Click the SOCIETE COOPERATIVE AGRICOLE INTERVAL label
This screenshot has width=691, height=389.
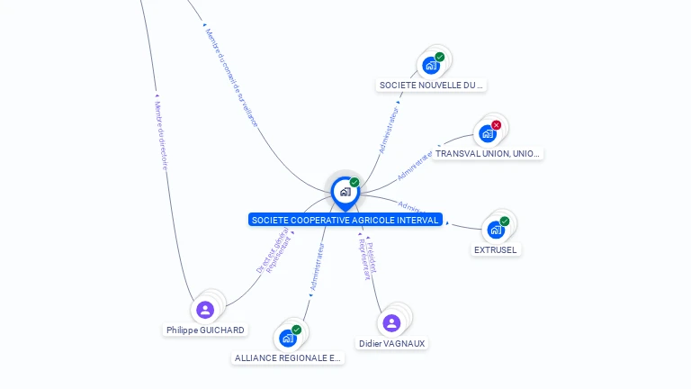click(x=345, y=220)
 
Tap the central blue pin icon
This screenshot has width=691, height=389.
click(x=345, y=192)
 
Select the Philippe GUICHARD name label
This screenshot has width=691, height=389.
click(x=205, y=330)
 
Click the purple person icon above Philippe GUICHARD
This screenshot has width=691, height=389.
click(x=205, y=310)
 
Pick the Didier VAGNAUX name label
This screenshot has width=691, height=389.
click(x=391, y=344)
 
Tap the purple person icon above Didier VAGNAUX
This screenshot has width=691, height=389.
click(x=391, y=322)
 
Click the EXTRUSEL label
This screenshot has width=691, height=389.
click(x=496, y=249)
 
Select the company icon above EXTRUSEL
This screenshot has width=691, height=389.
click(x=495, y=229)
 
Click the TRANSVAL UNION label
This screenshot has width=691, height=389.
click(x=488, y=154)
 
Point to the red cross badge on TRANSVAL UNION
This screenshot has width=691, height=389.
click(x=496, y=125)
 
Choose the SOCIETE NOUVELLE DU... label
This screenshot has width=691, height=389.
click(x=431, y=86)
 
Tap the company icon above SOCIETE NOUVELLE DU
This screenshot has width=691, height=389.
click(x=431, y=65)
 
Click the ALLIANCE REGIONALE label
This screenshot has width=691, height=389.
click(x=288, y=357)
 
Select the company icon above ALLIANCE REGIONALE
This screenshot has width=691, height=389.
click(x=288, y=338)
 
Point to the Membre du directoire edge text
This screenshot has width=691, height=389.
click(x=162, y=134)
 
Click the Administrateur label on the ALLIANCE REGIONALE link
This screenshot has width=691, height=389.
click(x=316, y=266)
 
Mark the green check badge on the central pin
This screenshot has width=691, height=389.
click(x=354, y=183)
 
